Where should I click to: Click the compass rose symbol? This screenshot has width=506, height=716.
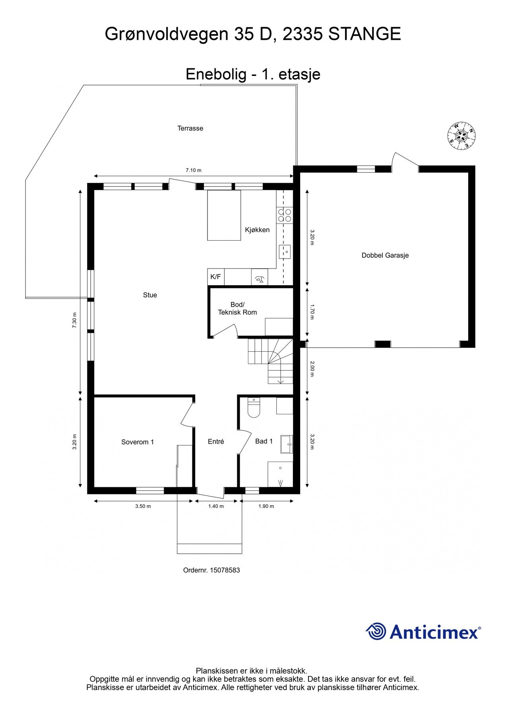[x=461, y=136]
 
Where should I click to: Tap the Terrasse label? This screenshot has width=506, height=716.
[x=190, y=128]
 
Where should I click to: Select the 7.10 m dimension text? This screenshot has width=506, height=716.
[x=194, y=170]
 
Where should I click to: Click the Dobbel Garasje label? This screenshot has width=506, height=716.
[x=385, y=255]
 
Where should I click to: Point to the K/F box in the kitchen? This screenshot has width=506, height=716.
[x=215, y=277]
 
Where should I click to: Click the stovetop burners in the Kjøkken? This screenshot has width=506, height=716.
[x=284, y=215]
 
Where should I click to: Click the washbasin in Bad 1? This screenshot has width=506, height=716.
[x=286, y=444]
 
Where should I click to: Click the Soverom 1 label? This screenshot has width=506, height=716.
[x=138, y=442]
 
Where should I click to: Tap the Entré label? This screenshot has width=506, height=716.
[x=216, y=442]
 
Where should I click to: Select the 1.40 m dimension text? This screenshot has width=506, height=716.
[x=216, y=506]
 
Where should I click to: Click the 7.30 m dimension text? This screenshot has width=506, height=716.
[x=74, y=320]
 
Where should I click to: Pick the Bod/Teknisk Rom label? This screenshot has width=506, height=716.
[x=237, y=309]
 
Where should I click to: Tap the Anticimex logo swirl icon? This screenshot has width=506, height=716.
[x=376, y=631]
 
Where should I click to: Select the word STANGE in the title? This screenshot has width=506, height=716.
[x=364, y=34]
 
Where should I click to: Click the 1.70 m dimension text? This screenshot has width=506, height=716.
[x=312, y=312]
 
